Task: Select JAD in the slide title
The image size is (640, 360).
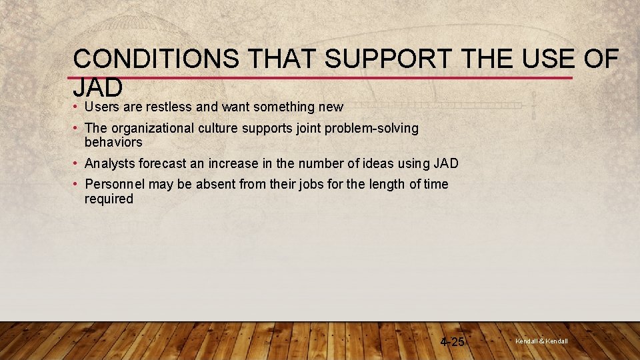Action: [98, 87]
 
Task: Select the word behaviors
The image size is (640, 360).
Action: [113, 142]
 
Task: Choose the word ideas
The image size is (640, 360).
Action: [375, 163]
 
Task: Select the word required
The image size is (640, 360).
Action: [109, 199]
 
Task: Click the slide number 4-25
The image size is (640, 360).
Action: [453, 342]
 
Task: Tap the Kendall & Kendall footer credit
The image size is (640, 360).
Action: [541, 341]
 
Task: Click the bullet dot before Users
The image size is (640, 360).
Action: [77, 107]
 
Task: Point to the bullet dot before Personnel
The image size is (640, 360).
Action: [77, 185]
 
